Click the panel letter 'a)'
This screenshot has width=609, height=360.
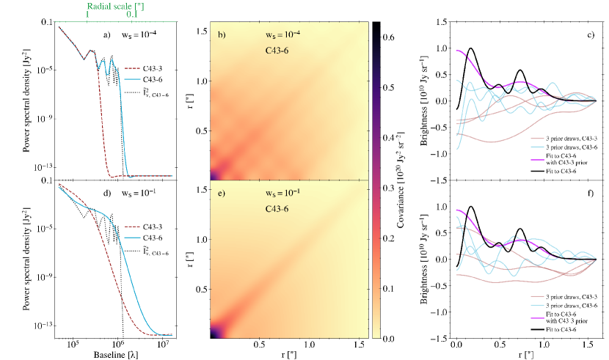tap(108, 34)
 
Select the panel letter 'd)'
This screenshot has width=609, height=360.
tap(108, 194)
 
